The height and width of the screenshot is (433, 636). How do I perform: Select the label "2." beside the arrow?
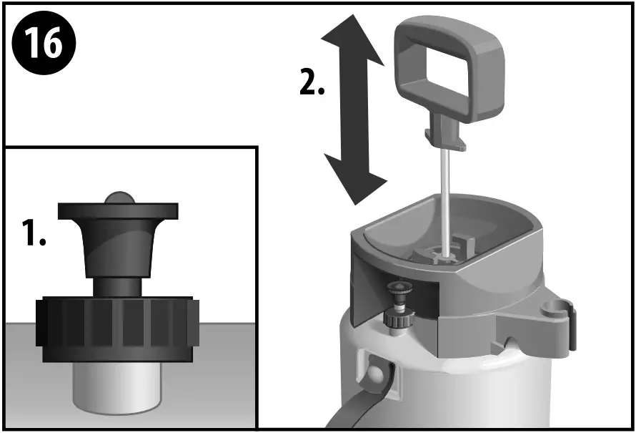(312, 84)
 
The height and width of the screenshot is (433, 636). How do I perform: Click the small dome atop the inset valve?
(118, 198)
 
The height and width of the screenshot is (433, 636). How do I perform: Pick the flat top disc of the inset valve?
(118, 210)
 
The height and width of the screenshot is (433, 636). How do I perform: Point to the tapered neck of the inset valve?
(118, 247)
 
